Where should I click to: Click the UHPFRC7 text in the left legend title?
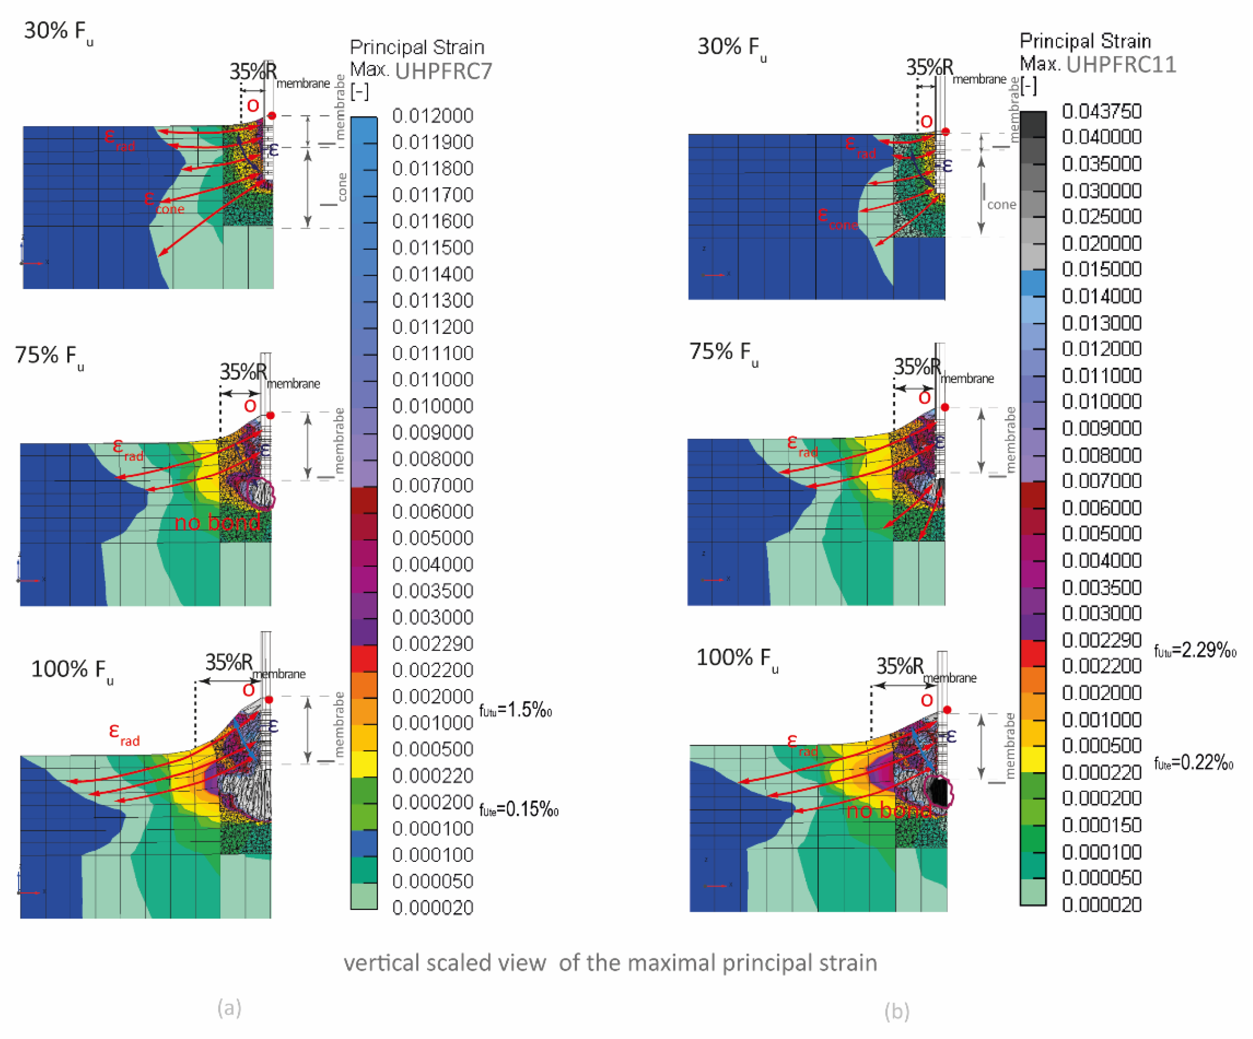(443, 71)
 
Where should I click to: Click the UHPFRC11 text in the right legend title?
(1120, 65)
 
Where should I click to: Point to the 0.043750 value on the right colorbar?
(1102, 111)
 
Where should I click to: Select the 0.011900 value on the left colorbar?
(433, 142)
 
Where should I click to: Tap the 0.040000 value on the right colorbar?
(1102, 137)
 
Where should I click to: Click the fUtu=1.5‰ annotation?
(516, 710)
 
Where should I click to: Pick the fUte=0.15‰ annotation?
(518, 809)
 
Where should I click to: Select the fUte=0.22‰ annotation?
(1193, 763)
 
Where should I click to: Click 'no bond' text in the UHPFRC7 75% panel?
(217, 523)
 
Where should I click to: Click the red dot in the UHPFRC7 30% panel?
(272, 115)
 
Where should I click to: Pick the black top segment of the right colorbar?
(1033, 125)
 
